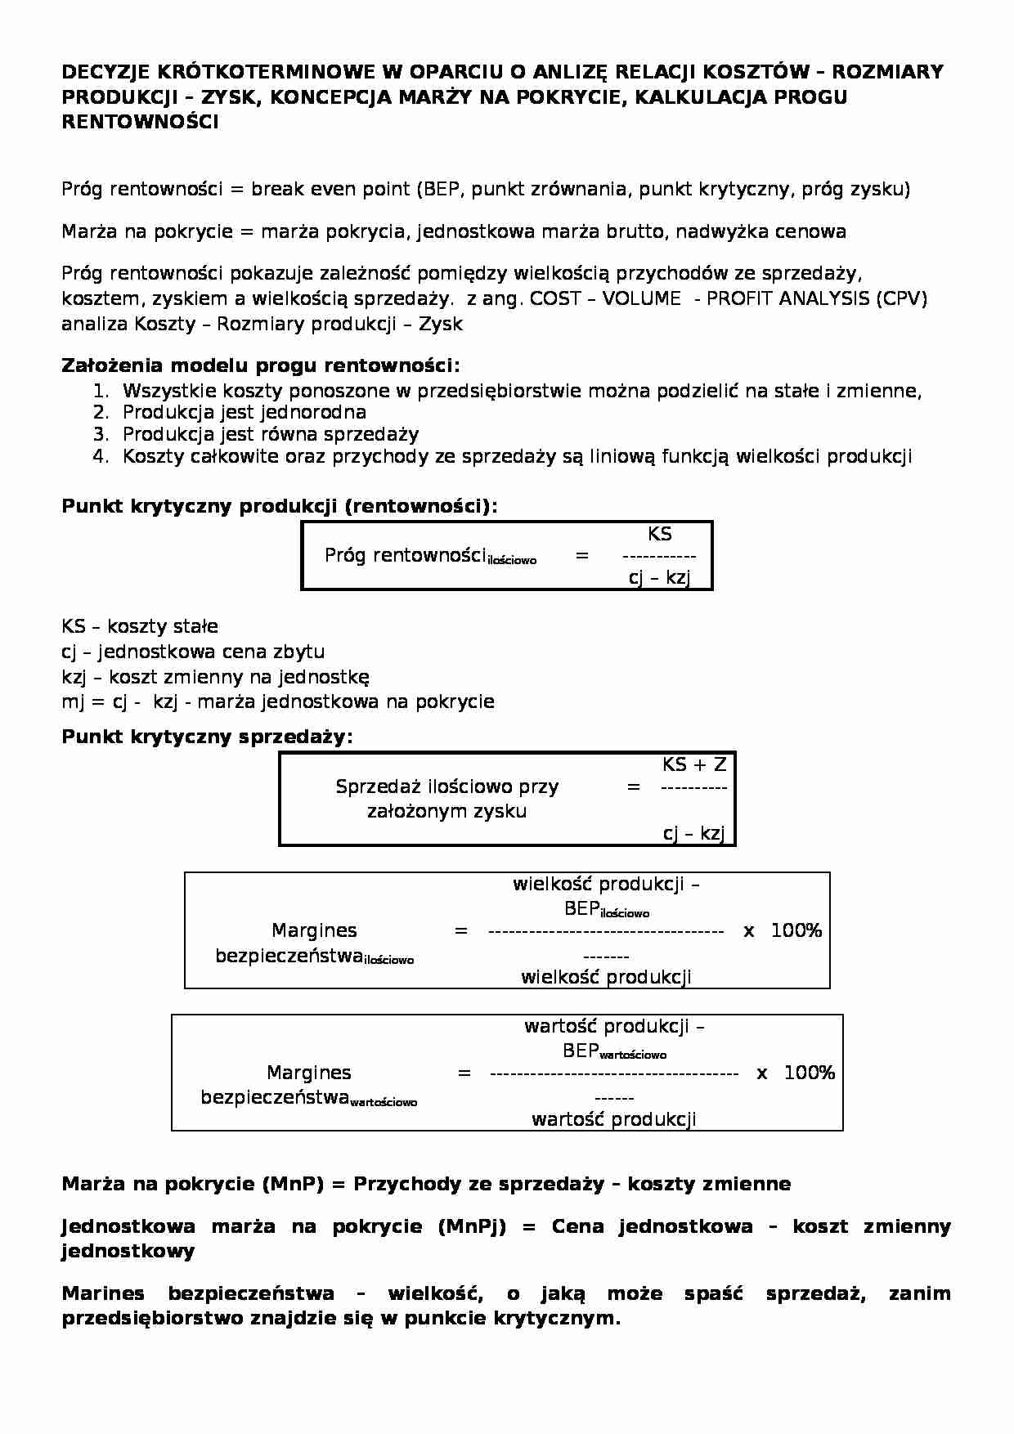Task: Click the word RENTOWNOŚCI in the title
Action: [x=140, y=123]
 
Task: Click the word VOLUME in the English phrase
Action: [x=641, y=298]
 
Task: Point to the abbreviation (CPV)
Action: [x=901, y=298]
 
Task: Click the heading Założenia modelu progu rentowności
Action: [x=260, y=365]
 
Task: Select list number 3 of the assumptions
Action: [x=101, y=434]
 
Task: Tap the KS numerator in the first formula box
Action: [x=659, y=535]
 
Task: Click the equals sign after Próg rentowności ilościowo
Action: [x=581, y=556]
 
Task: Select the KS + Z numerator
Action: [x=693, y=765]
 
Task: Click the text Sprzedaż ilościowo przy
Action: [x=446, y=787]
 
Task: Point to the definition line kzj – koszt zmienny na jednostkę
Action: [x=215, y=677]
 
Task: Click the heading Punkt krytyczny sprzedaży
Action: [x=207, y=737]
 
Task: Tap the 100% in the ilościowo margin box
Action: [x=796, y=930]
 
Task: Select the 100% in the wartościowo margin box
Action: [x=809, y=1073]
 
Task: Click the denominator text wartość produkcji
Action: [x=613, y=1119]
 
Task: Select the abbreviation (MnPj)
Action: [x=472, y=1226]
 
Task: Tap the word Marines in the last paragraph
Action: [x=103, y=1293]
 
